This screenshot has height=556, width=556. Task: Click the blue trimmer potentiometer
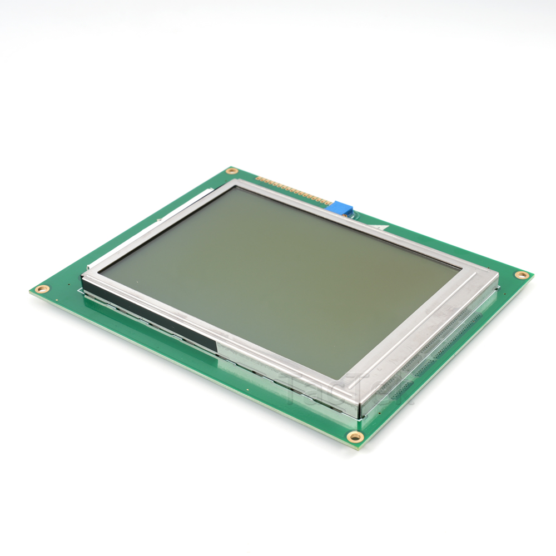[x=341, y=208]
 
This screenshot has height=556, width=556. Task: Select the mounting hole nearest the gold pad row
[x=232, y=171]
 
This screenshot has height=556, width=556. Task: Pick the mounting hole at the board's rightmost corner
[x=521, y=275]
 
